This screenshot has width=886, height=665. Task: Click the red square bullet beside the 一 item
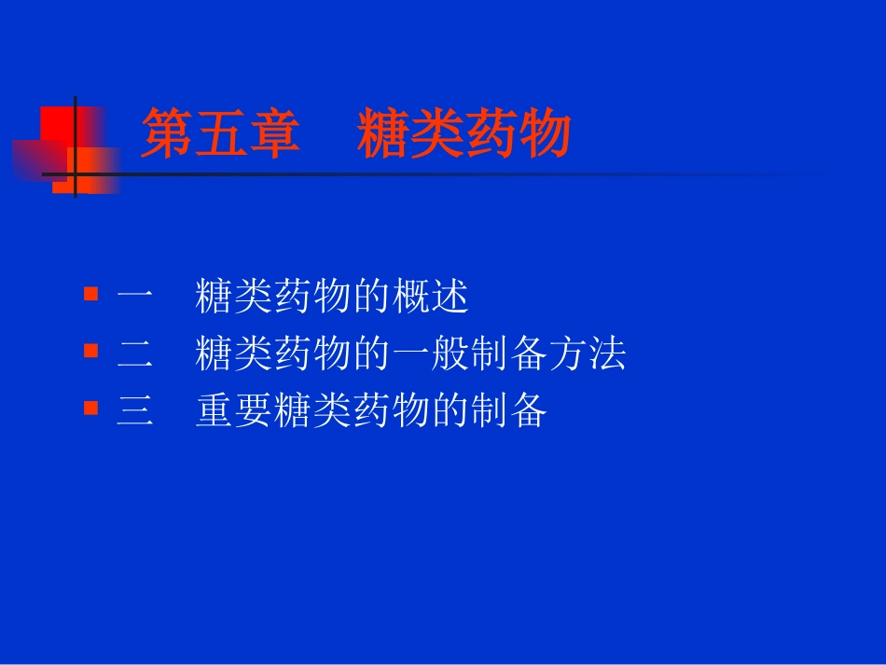pos(90,295)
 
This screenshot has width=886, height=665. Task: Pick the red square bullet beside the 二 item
pos(90,352)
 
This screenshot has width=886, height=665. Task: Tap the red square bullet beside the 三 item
pos(90,409)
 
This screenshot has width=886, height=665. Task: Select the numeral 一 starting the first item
pos(135,298)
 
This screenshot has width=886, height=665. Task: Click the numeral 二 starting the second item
pos(135,354)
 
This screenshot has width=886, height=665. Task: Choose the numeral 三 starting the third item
pos(135,411)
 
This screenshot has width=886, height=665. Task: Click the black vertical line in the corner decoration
pos(76,145)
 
